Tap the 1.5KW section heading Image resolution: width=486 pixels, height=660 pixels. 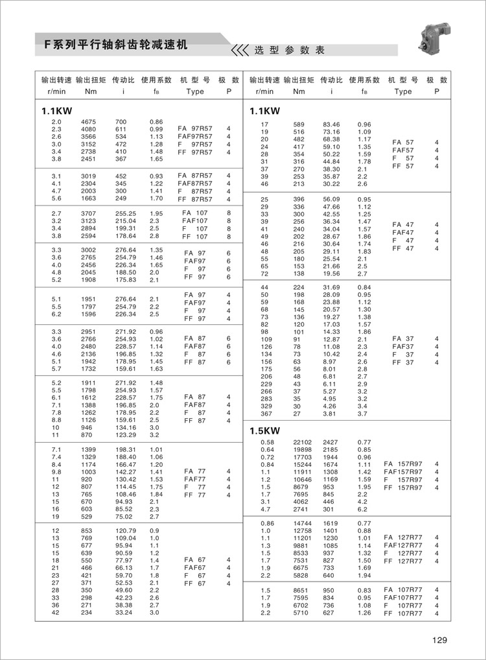point(264,430)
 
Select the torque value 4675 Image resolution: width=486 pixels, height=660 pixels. point(89,122)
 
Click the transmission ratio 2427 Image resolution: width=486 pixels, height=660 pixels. point(331,442)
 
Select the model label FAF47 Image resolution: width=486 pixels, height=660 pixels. point(403,233)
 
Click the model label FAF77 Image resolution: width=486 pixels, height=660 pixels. point(195,479)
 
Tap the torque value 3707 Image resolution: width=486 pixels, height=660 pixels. point(89,213)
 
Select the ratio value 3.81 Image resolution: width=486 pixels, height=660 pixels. point(331,414)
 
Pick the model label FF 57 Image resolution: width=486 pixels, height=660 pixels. point(403,166)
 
